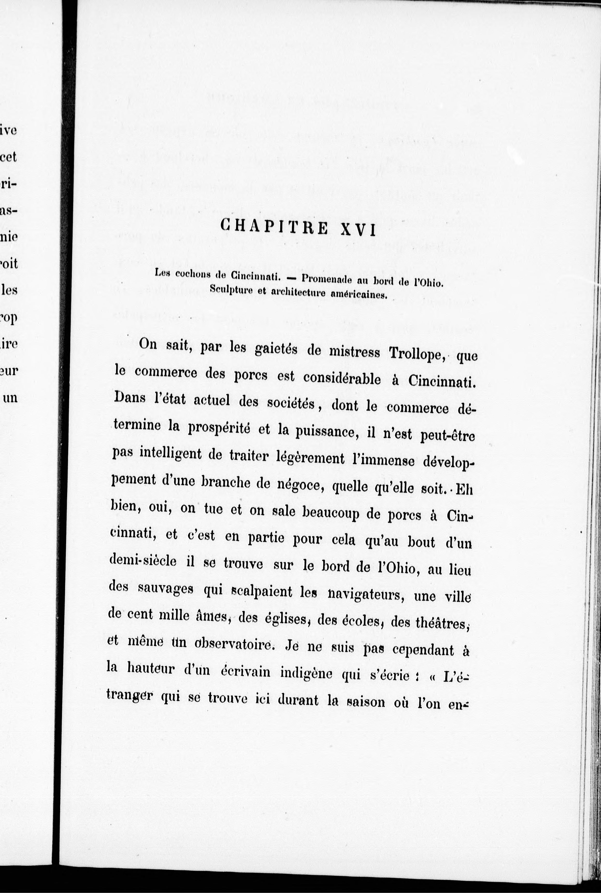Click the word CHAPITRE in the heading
point(274,227)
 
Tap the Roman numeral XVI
point(358,230)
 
